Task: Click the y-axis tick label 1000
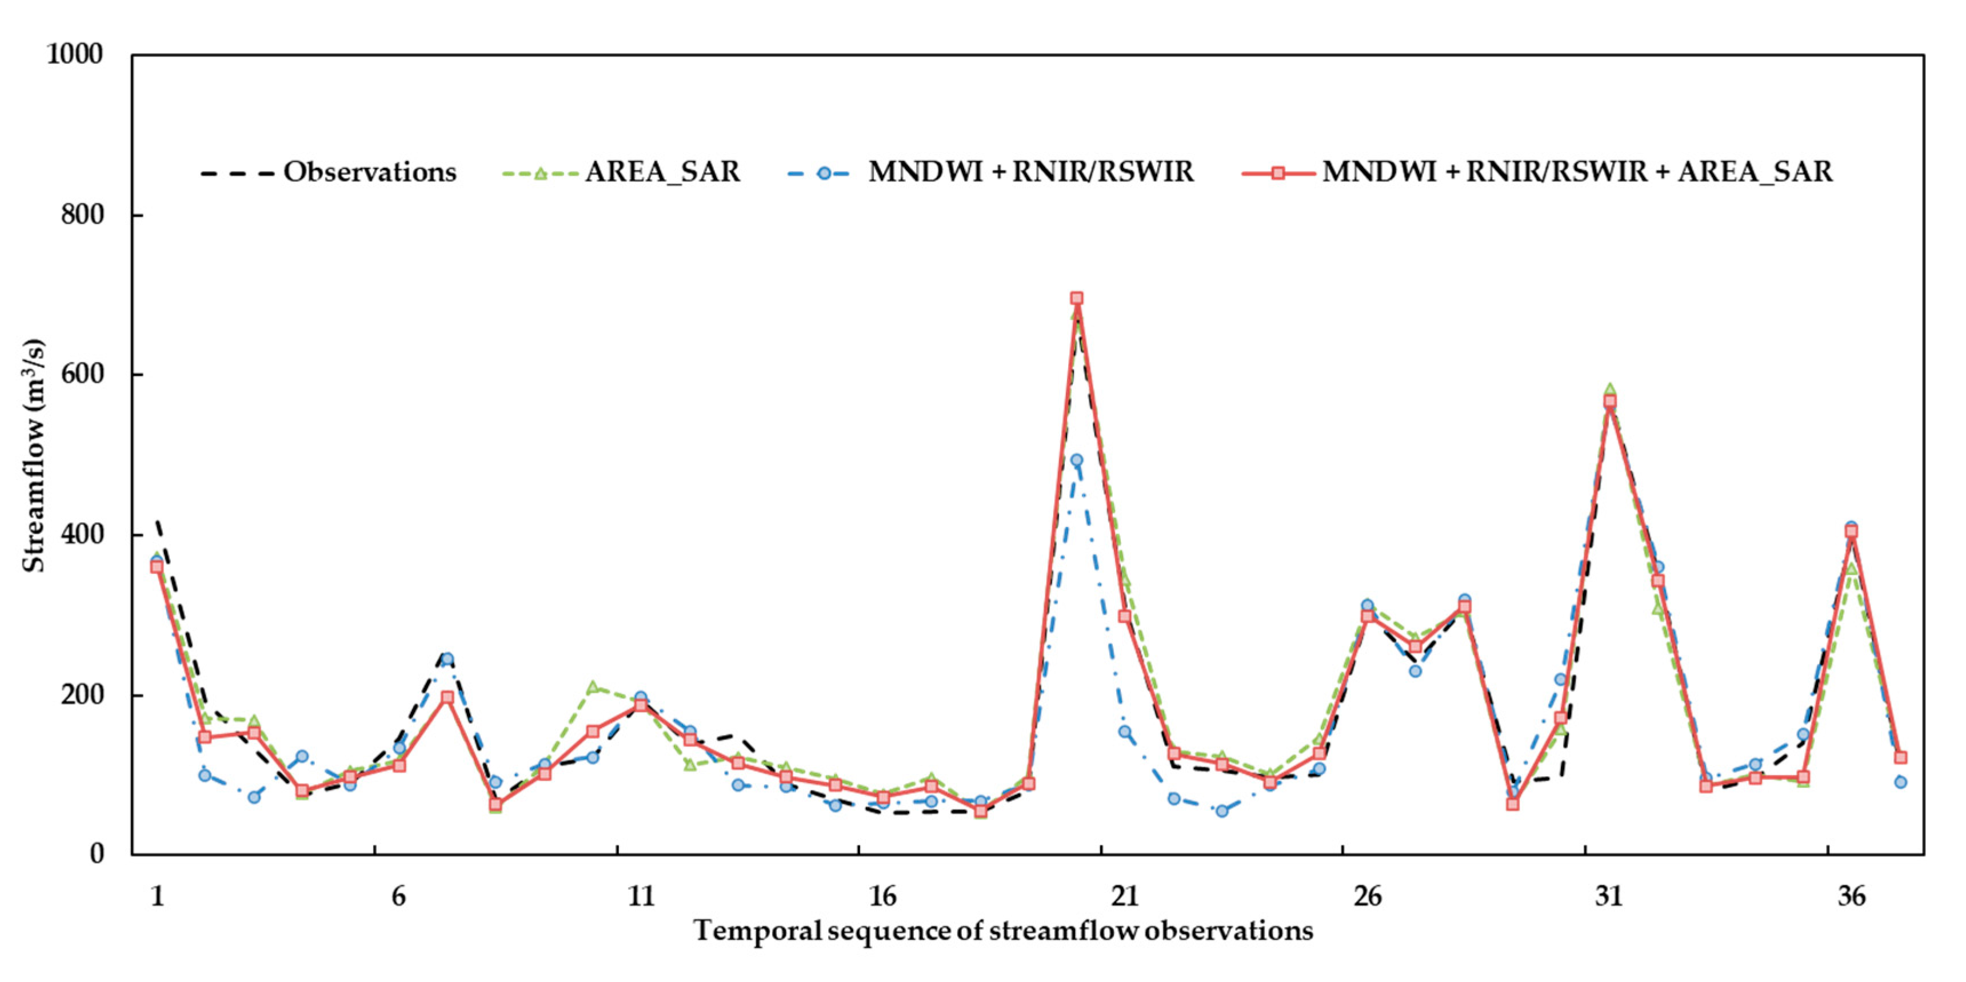pyautogui.click(x=75, y=54)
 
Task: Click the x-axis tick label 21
pyautogui.click(x=1125, y=896)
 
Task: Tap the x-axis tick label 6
pyautogui.click(x=398, y=896)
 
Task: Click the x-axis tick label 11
pyautogui.click(x=641, y=896)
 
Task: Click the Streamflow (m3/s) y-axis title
pyautogui.click(x=34, y=455)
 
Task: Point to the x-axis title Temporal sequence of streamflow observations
pyautogui.click(x=1004, y=931)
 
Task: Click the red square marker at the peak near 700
pyautogui.click(x=1077, y=298)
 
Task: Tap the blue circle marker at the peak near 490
pyautogui.click(x=1077, y=460)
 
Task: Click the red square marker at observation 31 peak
pyautogui.click(x=1609, y=401)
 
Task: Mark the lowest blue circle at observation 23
pyautogui.click(x=1222, y=811)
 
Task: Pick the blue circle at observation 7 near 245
pyautogui.click(x=447, y=659)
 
